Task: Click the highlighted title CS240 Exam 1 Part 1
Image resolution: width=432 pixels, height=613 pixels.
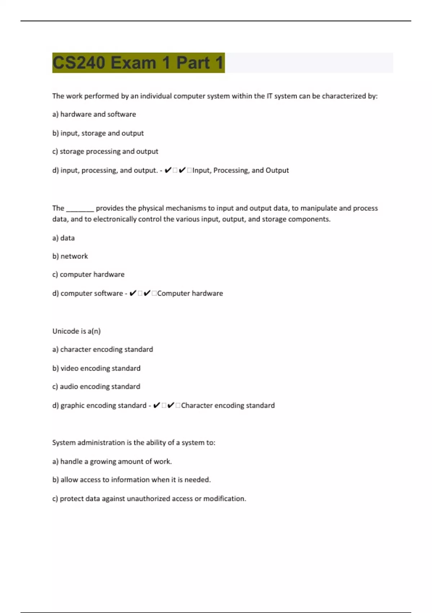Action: pyautogui.click(x=138, y=63)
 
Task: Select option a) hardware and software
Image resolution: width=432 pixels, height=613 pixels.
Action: pyautogui.click(x=94, y=114)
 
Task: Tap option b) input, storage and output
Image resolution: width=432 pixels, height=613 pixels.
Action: pyautogui.click(x=98, y=133)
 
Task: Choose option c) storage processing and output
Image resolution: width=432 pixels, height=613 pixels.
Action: pyautogui.click(x=105, y=151)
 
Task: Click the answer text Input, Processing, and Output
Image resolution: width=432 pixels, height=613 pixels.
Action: pyautogui.click(x=240, y=170)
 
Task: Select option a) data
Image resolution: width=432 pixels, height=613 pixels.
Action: pyautogui.click(x=63, y=238)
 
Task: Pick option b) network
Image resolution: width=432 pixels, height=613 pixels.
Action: pyautogui.click(x=70, y=256)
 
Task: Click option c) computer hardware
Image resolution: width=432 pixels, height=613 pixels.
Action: pyautogui.click(x=88, y=274)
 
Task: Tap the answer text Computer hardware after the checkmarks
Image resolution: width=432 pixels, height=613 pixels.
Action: pyautogui.click(x=190, y=294)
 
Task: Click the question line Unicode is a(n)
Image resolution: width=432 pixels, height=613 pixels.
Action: pyautogui.click(x=76, y=331)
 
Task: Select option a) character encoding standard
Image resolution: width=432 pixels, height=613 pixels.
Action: pyautogui.click(x=103, y=349)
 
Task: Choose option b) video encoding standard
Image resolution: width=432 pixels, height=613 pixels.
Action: pyautogui.click(x=96, y=368)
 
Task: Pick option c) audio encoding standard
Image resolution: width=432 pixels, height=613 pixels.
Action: pyautogui.click(x=96, y=387)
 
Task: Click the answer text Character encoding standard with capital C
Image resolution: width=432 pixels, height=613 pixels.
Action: pyautogui.click(x=228, y=405)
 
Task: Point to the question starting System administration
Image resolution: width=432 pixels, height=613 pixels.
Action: pyautogui.click(x=134, y=442)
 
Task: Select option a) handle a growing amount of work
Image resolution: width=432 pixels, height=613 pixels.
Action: pyautogui.click(x=112, y=462)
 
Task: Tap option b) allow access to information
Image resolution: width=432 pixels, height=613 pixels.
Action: pyautogui.click(x=131, y=480)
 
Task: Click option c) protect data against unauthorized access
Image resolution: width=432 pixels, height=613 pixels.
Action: pyautogui.click(x=149, y=499)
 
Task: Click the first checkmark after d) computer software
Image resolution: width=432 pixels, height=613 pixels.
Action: pyautogui.click(x=133, y=293)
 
